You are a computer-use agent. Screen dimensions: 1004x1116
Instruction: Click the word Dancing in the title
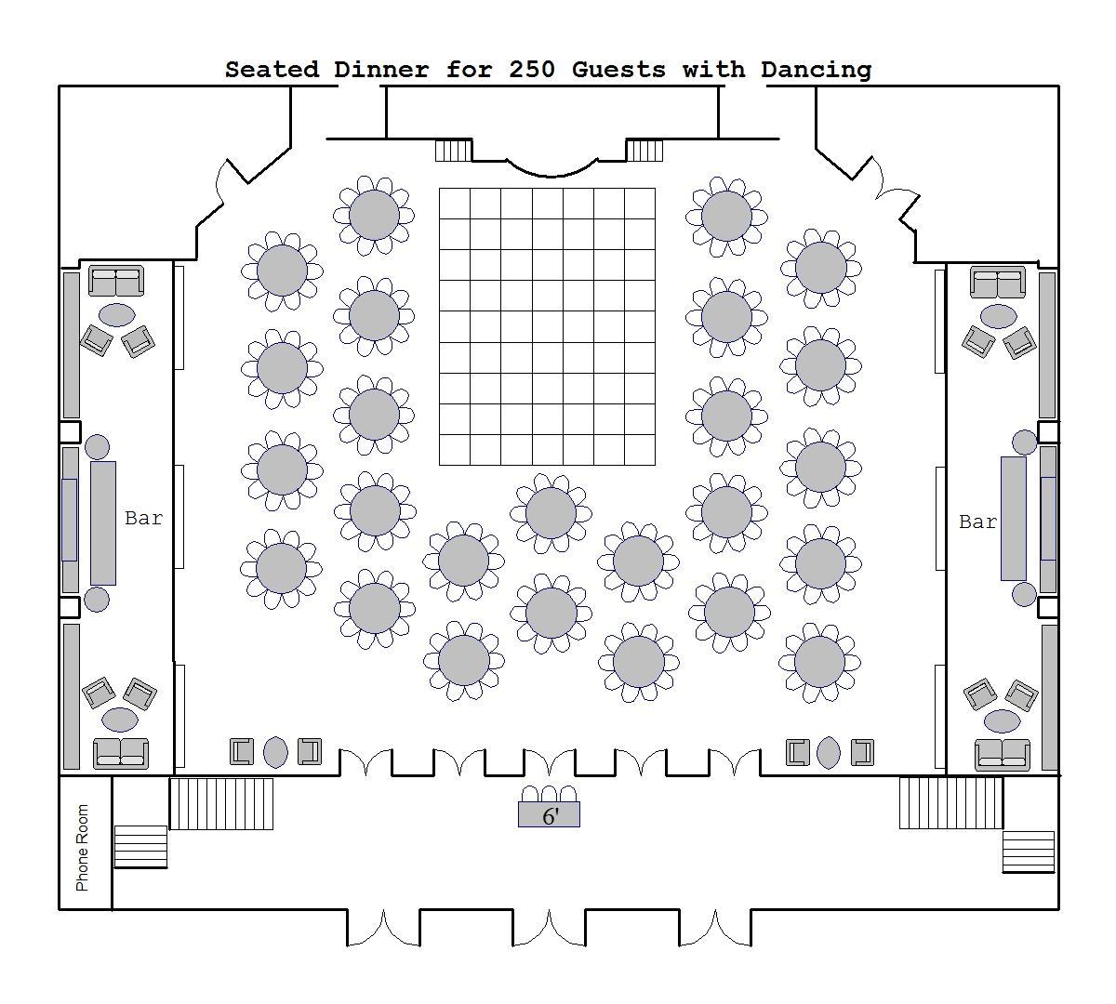816,70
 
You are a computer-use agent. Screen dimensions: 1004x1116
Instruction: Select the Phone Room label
83,847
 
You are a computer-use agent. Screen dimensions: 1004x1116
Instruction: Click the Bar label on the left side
144,519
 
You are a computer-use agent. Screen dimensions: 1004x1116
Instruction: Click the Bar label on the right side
977,522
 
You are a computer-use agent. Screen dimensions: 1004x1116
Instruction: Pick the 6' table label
550,816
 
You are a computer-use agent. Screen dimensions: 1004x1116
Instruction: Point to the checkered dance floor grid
547,326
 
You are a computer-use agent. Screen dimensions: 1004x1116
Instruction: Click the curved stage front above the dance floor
551,168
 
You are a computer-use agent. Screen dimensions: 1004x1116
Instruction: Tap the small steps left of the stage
454,150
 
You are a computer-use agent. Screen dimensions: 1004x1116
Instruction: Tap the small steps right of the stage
644,150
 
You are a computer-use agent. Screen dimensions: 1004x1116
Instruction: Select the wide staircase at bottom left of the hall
221,803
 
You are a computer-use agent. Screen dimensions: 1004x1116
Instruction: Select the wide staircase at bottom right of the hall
951,803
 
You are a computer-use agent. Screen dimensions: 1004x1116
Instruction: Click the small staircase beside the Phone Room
140,846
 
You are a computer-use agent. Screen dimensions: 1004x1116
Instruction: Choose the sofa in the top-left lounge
116,281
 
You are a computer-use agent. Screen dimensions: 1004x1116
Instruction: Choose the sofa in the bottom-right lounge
1003,754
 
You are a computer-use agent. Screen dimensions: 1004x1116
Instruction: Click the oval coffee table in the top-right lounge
998,316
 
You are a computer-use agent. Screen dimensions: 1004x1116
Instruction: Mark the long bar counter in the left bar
103,522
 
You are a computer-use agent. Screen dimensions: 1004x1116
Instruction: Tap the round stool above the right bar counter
1024,442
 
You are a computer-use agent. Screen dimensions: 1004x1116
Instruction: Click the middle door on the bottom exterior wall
549,928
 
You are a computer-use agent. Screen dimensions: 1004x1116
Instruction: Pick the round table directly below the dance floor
551,512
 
